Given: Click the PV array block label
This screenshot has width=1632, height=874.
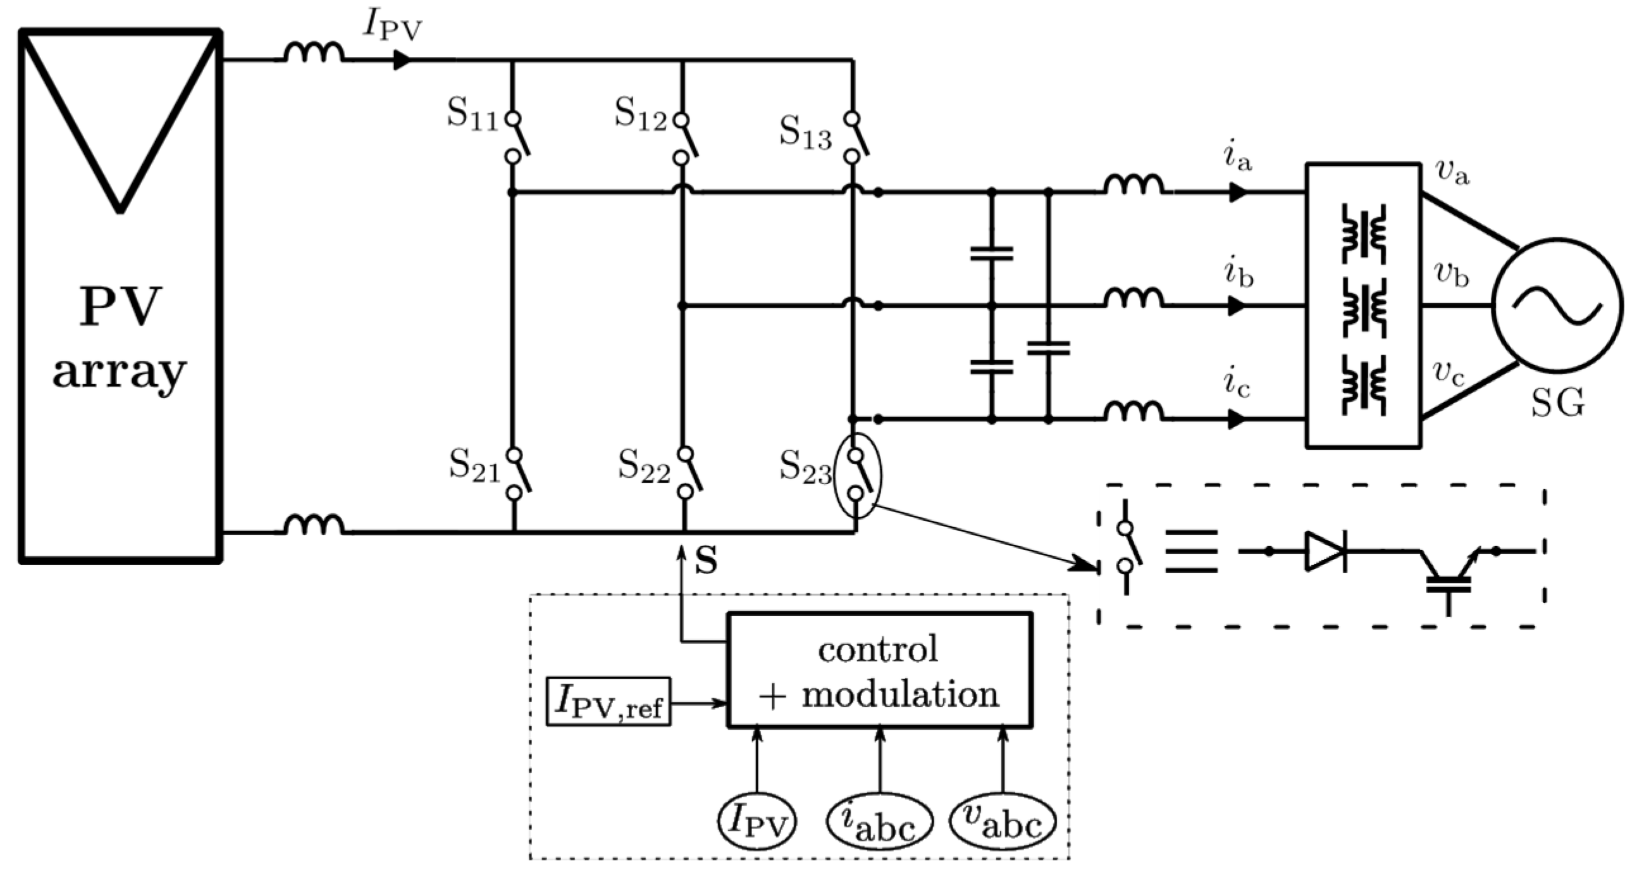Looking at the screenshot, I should pos(120,339).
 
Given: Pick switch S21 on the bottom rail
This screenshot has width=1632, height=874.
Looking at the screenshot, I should pos(517,473).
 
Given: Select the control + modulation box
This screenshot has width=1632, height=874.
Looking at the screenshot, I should pos(879,670).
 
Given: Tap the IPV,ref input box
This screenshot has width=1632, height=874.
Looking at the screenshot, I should pos(608,702).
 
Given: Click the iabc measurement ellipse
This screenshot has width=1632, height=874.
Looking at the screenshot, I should pos(879,821).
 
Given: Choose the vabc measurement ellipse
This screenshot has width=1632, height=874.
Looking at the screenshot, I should pos(1002,821).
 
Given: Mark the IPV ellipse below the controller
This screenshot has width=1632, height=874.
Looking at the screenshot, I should pos(757,821).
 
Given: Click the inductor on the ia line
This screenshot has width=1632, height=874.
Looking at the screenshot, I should pos(1134,185).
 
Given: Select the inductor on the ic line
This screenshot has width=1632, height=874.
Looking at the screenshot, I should pos(1134,412).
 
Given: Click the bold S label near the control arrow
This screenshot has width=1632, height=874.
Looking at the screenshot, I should pos(706,560).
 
